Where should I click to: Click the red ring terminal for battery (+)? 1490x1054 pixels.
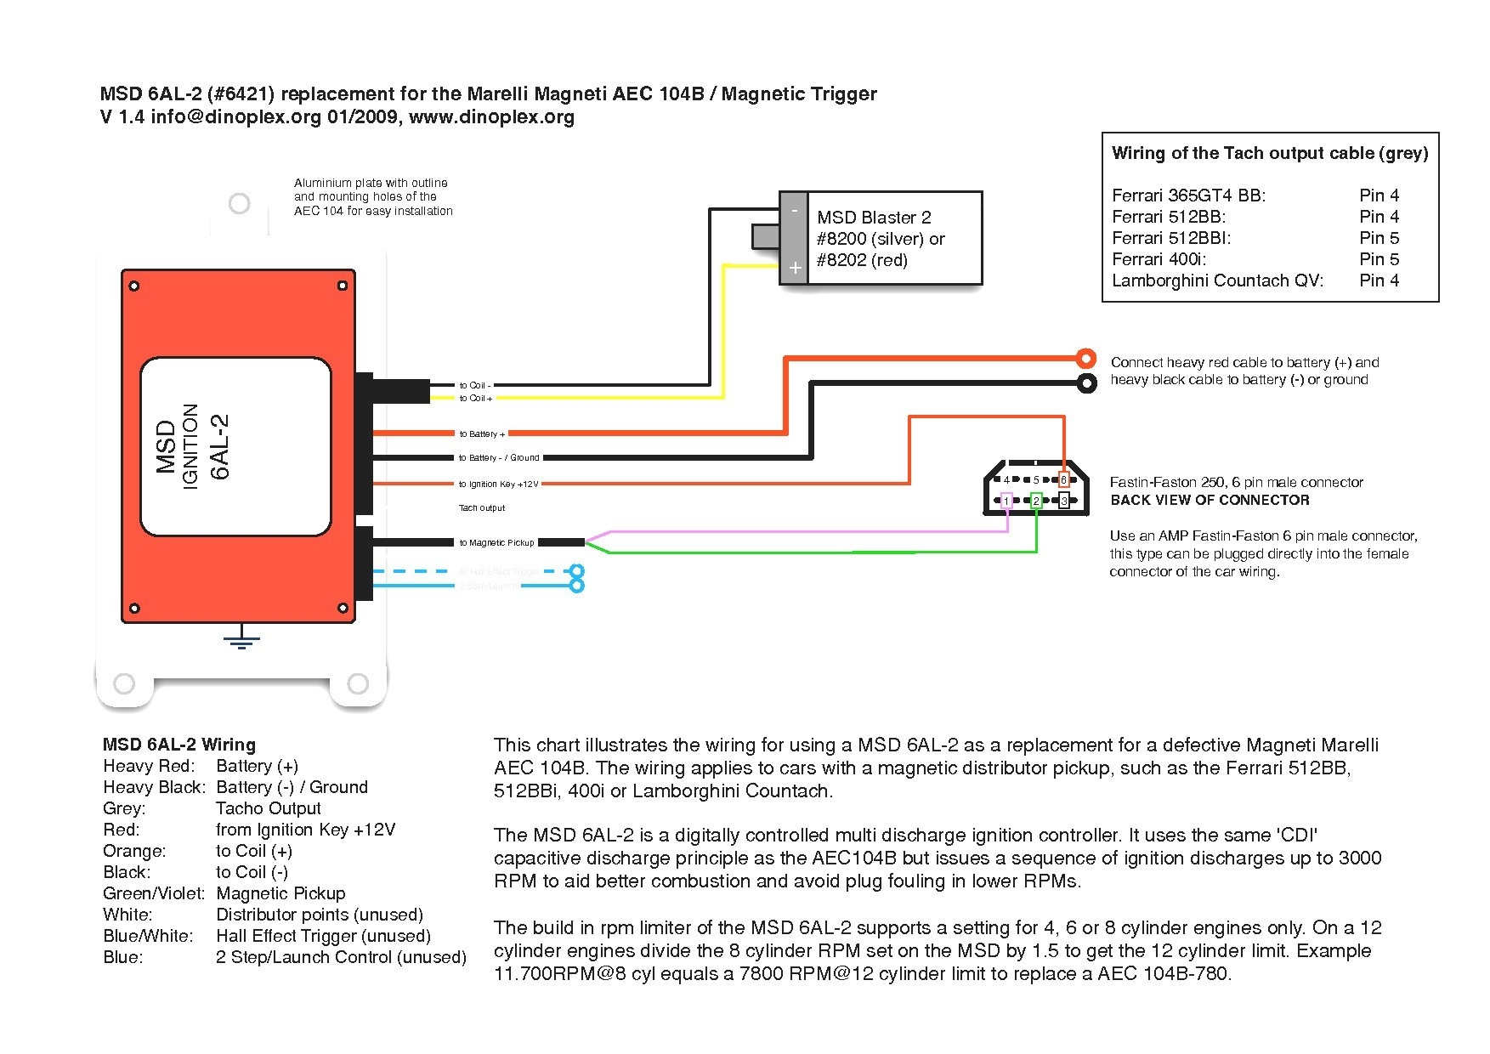(x=1085, y=358)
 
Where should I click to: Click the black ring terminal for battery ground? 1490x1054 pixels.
(x=1086, y=382)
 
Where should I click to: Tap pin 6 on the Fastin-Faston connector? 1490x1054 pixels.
(x=1063, y=480)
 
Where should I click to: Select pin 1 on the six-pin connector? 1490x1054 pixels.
(x=1007, y=501)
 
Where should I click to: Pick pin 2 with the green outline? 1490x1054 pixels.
(x=1036, y=501)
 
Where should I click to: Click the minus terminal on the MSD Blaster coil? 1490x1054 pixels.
(x=794, y=210)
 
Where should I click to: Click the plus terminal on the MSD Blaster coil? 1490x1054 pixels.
(x=795, y=268)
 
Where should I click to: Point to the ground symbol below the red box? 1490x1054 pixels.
(x=242, y=638)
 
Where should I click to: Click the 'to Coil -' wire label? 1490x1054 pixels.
(x=475, y=385)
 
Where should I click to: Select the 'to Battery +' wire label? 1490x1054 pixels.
(x=482, y=434)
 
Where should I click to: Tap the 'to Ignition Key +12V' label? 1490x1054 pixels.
(x=499, y=484)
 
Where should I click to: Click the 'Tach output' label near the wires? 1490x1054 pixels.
(x=482, y=508)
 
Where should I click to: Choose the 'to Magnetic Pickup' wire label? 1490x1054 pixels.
(x=496, y=542)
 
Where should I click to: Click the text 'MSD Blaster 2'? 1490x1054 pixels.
(x=874, y=218)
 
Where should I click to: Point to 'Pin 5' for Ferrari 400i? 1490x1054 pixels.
(x=1379, y=259)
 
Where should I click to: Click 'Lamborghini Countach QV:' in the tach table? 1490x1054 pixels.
(x=1217, y=280)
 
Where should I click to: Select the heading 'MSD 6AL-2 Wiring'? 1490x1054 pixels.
(x=179, y=745)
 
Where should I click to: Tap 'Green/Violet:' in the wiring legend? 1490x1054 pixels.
(x=154, y=893)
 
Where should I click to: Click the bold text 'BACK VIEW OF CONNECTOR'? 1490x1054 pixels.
(x=1210, y=500)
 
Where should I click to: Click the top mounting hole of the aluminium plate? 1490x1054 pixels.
(x=240, y=203)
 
